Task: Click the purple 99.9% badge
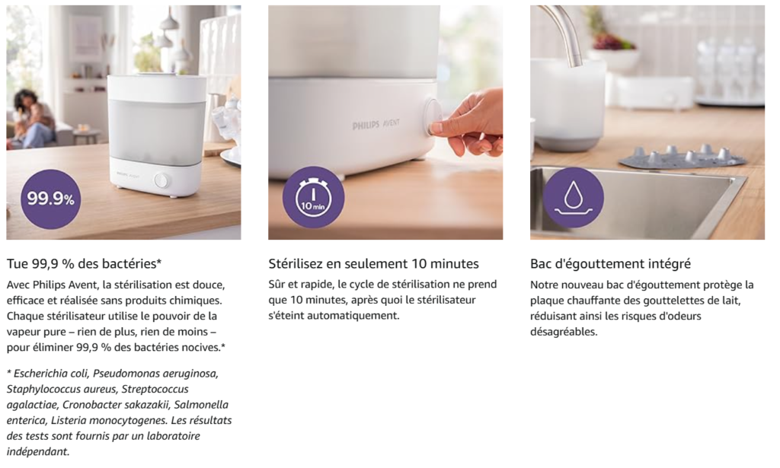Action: pyautogui.click(x=50, y=199)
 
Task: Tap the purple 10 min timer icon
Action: pyautogui.click(x=313, y=197)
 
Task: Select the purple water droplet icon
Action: pyautogui.click(x=573, y=197)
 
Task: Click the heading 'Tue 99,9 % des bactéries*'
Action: pyautogui.click(x=84, y=263)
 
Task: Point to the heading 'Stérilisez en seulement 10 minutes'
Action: pyautogui.click(x=373, y=263)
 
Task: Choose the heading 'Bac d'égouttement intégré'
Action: pyautogui.click(x=610, y=264)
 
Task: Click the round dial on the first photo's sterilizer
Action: pyautogui.click(x=161, y=180)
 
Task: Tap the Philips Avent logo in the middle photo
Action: pyautogui.click(x=376, y=124)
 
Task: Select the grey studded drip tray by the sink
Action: pyautogui.click(x=682, y=157)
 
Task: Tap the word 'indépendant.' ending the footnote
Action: pyautogui.click(x=38, y=451)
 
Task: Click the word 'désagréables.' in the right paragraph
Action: pyautogui.click(x=564, y=332)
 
